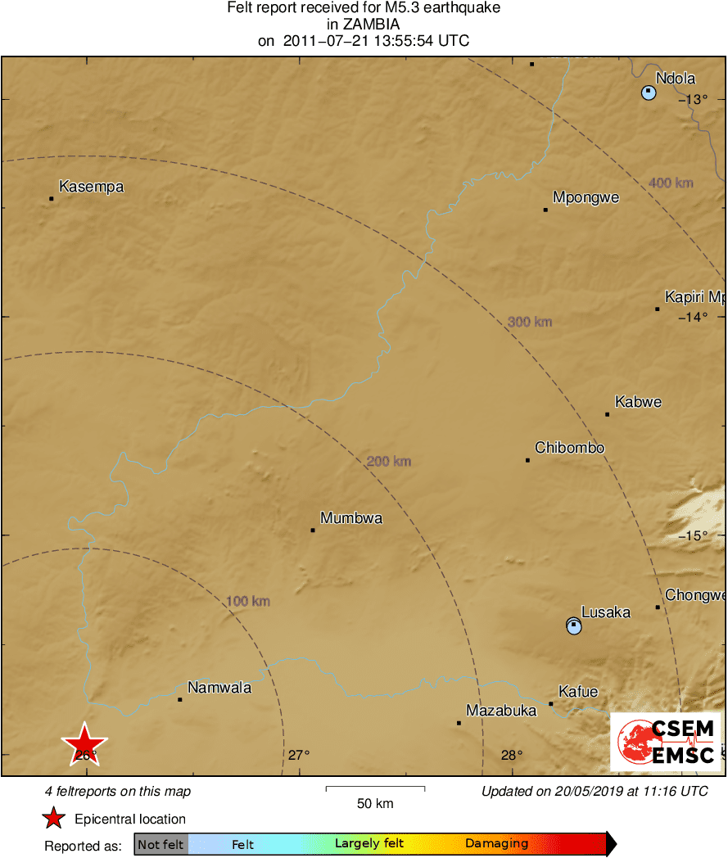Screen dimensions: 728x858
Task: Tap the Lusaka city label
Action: tap(605, 612)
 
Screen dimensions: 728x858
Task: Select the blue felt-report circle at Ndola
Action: tap(649, 93)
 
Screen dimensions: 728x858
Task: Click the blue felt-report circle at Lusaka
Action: tap(574, 626)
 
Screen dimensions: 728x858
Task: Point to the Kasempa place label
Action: tap(91, 187)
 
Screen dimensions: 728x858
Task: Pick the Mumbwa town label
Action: tap(350, 517)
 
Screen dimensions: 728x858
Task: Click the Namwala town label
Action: tap(219, 688)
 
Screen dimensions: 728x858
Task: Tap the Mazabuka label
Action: tap(501, 710)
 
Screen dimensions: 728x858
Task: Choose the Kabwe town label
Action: tap(638, 402)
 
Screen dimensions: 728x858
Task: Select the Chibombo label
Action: tap(569, 448)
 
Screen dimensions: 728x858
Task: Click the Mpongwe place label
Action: tap(586, 197)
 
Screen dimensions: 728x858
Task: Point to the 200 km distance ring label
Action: tap(389, 462)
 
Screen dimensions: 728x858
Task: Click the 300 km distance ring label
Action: tap(530, 322)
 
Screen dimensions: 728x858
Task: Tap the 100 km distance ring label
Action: tap(248, 602)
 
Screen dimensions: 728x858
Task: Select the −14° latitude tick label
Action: tap(693, 317)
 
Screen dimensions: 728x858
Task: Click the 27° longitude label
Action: tap(298, 755)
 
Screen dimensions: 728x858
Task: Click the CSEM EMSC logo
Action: tap(665, 742)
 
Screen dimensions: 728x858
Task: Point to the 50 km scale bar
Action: tap(375, 789)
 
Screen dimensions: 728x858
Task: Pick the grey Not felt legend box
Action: tap(161, 844)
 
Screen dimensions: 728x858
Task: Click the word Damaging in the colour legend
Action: tap(496, 844)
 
